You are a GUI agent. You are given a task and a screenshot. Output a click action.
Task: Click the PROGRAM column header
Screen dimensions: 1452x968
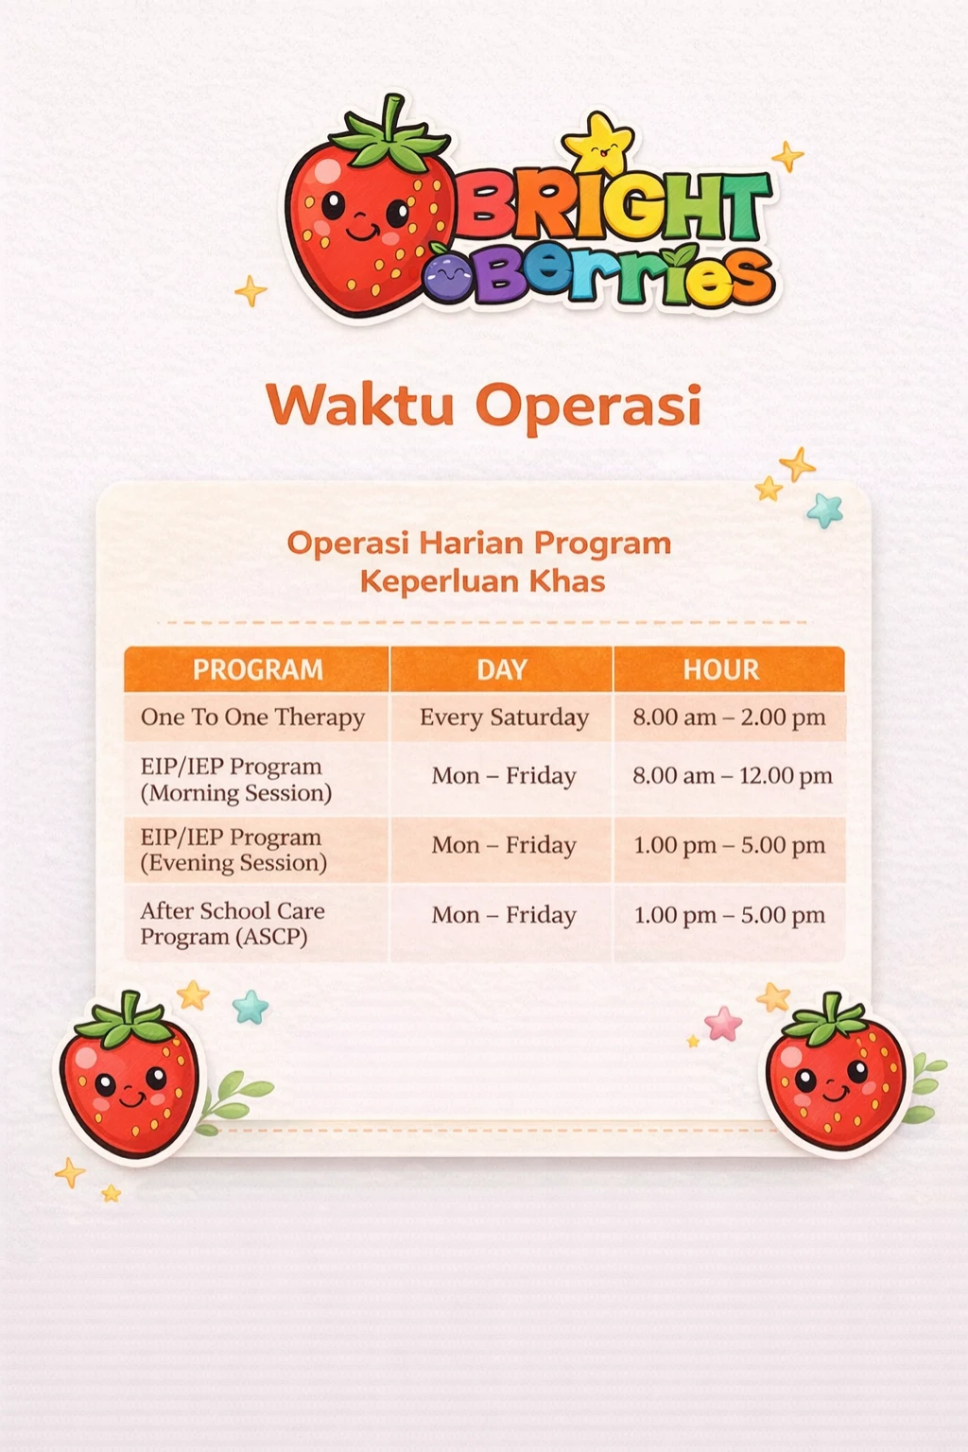pos(257,669)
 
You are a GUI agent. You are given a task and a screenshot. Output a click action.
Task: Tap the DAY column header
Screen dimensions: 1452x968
pos(501,669)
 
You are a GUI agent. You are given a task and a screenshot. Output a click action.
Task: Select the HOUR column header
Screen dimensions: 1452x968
pos(721,669)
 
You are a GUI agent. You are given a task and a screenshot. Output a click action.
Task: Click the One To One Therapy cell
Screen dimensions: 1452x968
pos(252,717)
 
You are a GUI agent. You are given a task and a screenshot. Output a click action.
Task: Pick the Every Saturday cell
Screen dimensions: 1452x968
pos(504,717)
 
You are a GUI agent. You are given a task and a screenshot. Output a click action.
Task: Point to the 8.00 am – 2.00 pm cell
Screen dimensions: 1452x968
pos(729,717)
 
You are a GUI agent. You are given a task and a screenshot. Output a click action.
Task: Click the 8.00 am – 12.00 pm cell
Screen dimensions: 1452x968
pos(732,776)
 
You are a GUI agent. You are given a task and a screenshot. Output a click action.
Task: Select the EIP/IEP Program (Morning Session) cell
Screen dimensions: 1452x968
pos(236,780)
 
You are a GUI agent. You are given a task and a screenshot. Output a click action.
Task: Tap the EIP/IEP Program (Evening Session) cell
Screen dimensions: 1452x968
pos(233,850)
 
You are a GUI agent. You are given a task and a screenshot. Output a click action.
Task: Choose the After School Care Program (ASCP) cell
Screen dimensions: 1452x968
pos(233,924)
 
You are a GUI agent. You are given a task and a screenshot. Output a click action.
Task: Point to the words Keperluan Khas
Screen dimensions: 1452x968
pos(482,580)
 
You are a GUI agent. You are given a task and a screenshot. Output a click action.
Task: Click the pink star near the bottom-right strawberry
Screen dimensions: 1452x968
pos(723,1023)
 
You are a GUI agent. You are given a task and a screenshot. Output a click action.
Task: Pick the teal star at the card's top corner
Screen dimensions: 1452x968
pos(825,510)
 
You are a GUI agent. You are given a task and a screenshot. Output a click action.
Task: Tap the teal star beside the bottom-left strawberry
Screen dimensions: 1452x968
pos(251,1007)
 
